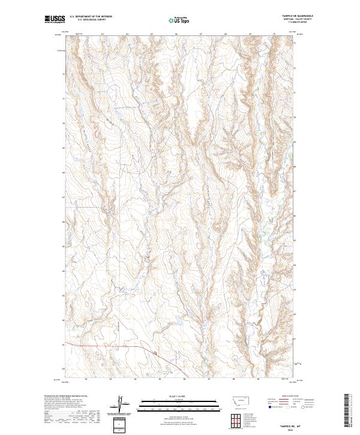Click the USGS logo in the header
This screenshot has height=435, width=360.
pyautogui.click(x=54, y=19)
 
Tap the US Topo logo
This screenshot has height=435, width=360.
pyautogui.click(x=179, y=20)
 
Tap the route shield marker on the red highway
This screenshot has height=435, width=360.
pyautogui.click(x=154, y=353)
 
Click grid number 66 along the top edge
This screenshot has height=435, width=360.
pyautogui.click(x=176, y=34)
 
